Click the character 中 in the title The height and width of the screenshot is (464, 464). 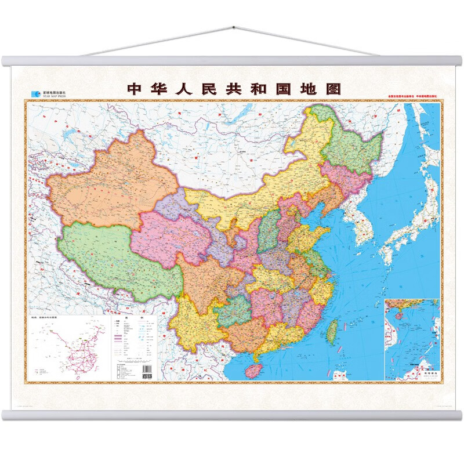point(135,89)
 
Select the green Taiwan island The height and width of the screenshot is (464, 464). point(333,331)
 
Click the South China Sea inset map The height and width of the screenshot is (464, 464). point(412,339)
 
